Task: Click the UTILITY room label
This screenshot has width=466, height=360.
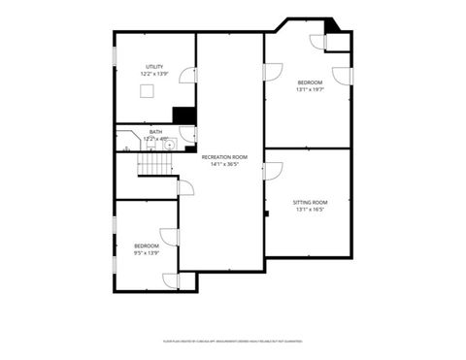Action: click(154, 67)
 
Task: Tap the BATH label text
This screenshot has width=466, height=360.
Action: click(155, 132)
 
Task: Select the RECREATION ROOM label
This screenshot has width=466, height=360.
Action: click(224, 156)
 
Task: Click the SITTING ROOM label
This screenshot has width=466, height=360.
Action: click(310, 202)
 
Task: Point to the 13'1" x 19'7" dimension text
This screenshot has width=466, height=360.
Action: click(310, 90)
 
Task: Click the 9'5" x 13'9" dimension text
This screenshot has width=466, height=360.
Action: click(146, 253)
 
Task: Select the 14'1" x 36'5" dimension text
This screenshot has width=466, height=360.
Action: click(224, 164)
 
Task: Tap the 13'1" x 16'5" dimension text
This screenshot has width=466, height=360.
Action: click(310, 210)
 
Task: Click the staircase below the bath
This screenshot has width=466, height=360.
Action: click(153, 166)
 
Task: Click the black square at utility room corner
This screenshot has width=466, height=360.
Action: click(181, 114)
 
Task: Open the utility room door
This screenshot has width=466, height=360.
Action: click(187, 75)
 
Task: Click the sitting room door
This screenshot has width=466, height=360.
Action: click(273, 172)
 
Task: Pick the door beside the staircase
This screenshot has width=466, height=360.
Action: click(185, 187)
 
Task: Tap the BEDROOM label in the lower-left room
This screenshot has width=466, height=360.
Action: click(146, 246)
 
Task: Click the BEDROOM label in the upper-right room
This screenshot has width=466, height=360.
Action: click(310, 82)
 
